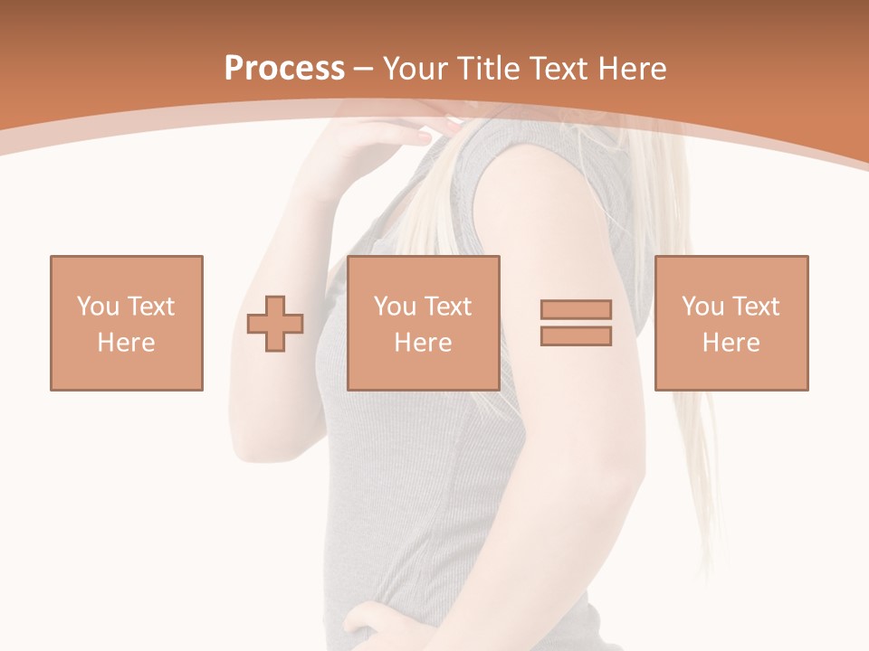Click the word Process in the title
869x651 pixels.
coord(284,69)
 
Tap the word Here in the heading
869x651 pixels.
coord(631,69)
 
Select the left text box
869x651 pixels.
coord(127,323)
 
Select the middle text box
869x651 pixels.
coord(424,323)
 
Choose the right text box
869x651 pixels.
coord(731,323)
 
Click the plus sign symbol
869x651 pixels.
coord(275,324)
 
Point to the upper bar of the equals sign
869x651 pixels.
coord(576,309)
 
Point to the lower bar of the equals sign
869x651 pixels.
coord(576,336)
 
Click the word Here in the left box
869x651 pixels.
coord(127,343)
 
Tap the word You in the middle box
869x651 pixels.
coord(394,307)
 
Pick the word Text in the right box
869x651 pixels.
coord(755,307)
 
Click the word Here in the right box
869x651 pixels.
coord(731,343)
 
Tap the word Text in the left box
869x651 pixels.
coord(150,307)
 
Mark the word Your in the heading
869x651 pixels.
coord(414,69)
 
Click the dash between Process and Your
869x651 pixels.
coord(364,69)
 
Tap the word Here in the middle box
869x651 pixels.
coord(424,343)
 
